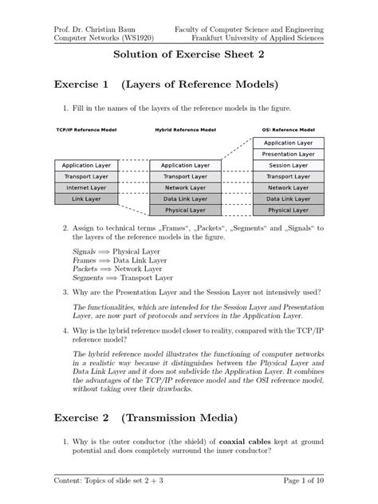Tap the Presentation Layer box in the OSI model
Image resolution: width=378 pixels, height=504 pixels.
tap(289, 153)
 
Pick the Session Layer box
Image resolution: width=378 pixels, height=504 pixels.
tap(289, 165)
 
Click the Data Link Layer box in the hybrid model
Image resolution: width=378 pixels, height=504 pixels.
tap(187, 199)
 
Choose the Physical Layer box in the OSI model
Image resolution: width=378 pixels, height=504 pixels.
tap(289, 211)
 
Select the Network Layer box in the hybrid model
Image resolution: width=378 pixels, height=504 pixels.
tap(187, 187)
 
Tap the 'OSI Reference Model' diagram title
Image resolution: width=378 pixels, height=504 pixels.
tap(289, 129)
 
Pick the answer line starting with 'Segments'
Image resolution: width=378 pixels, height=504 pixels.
tap(123, 278)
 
